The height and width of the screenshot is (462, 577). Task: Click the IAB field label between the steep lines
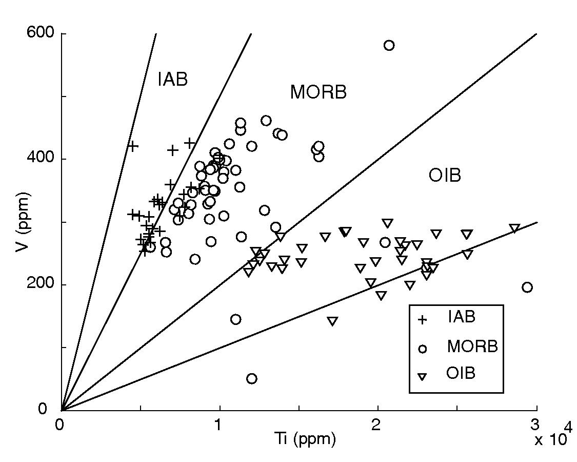point(172,80)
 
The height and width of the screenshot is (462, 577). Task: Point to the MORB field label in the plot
point(318,92)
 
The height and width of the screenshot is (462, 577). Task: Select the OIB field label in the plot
point(445,176)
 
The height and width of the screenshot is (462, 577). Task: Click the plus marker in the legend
point(423,320)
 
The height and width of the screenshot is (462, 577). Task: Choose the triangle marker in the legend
point(423,377)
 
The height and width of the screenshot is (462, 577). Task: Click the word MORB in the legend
point(472,346)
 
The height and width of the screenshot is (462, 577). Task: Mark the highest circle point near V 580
point(389,45)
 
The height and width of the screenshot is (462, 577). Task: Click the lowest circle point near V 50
point(252,379)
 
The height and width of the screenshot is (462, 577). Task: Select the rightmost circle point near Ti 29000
point(527,287)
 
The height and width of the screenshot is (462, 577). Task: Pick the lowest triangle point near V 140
point(332,321)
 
